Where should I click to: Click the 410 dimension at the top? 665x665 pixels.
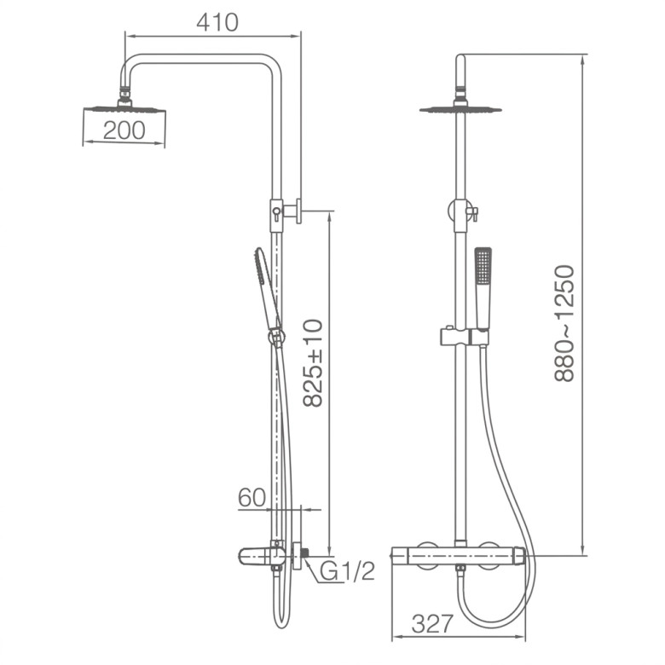point(217,22)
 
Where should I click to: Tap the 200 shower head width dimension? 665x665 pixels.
point(124,130)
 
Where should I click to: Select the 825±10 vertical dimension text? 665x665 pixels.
point(315,363)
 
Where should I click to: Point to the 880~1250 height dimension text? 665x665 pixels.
point(565,323)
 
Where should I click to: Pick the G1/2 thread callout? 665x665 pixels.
point(347,571)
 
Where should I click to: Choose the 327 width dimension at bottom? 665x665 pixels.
point(432,624)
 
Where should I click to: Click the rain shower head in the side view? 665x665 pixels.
point(124,108)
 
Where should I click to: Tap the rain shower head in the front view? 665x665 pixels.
point(460,108)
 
